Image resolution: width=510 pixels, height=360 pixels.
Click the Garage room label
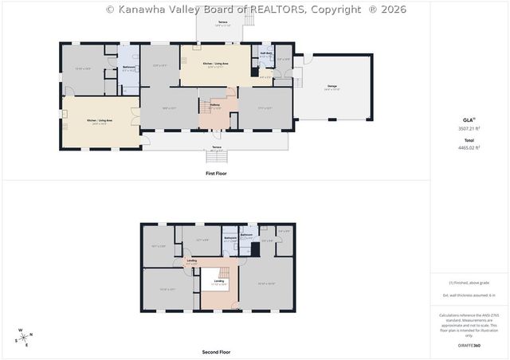pyautogui.click(x=331, y=87)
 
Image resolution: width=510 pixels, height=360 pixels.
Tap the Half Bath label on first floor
pyautogui.click(x=267, y=54)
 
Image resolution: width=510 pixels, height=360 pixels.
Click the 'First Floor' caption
pyautogui.click(x=216, y=173)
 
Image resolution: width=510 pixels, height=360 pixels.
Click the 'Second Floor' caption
pyautogui.click(x=216, y=351)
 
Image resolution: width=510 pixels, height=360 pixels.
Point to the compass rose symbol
pyautogui.click(x=25, y=337)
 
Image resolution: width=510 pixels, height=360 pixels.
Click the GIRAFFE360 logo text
pyautogui.click(x=470, y=345)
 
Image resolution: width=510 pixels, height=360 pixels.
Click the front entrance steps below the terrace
pyautogui.click(x=218, y=157)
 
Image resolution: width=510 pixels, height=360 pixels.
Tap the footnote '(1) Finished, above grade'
pyautogui.click(x=469, y=283)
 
